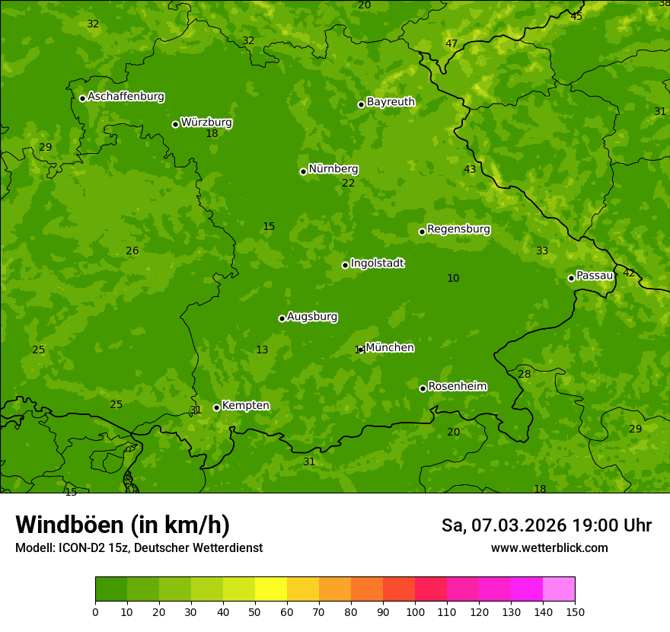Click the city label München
pyautogui.click(x=390, y=348)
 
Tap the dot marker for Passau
pyautogui.click(x=571, y=278)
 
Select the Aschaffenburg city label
pyautogui.click(x=126, y=97)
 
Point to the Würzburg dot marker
pyautogui.click(x=175, y=124)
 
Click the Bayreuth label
pyautogui.click(x=391, y=102)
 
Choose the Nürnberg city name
pyautogui.click(x=333, y=169)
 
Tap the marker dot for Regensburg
pyautogui.click(x=422, y=231)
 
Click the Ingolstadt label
pyautogui.click(x=377, y=263)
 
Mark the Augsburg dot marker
pyautogui.click(x=282, y=318)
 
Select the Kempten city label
pyautogui.click(x=245, y=406)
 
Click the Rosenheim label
pyautogui.click(x=457, y=387)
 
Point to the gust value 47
pyautogui.click(x=451, y=44)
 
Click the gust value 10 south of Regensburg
pyautogui.click(x=453, y=279)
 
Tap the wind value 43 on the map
pyautogui.click(x=470, y=170)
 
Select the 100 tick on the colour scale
pyautogui.click(x=415, y=611)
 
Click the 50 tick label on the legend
pyautogui.click(x=255, y=611)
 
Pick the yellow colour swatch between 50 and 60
pyautogui.click(x=271, y=589)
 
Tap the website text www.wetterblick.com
pyautogui.click(x=549, y=548)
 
